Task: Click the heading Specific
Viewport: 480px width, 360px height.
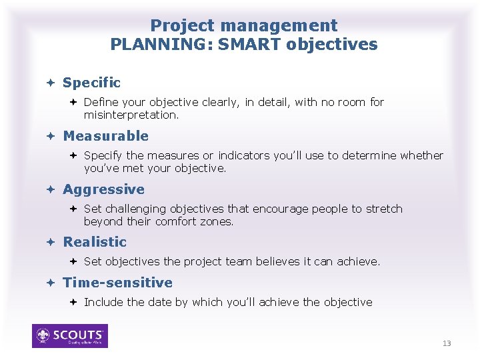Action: pyautogui.click(x=91, y=83)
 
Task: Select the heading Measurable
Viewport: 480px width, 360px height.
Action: pyautogui.click(x=105, y=136)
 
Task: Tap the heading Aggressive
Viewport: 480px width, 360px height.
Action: pyautogui.click(x=103, y=189)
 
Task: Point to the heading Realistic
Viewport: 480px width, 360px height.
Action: pyautogui.click(x=94, y=242)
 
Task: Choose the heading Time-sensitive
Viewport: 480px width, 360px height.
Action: pyautogui.click(x=117, y=283)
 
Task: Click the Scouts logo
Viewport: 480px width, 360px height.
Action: pyautogui.click(x=70, y=336)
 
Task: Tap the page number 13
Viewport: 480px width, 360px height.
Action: pyautogui.click(x=447, y=343)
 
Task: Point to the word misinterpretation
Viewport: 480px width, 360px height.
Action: pyautogui.click(x=131, y=115)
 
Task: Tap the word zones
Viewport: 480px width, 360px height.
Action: pyautogui.click(x=219, y=221)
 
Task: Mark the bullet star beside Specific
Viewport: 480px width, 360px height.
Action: pyautogui.click(x=50, y=83)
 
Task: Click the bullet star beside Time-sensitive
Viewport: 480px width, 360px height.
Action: pyautogui.click(x=50, y=283)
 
